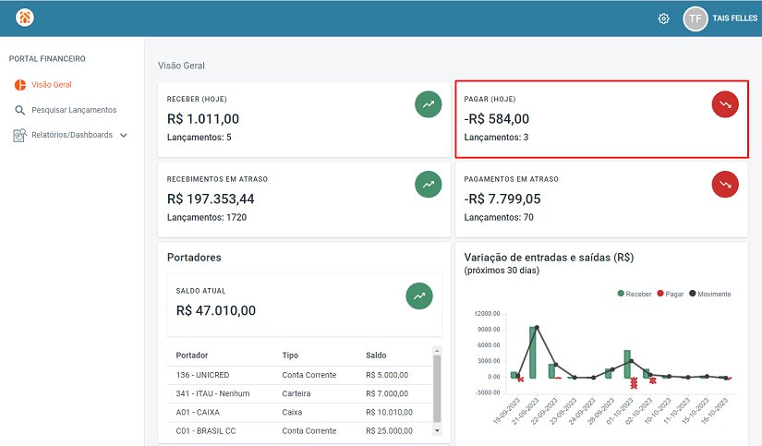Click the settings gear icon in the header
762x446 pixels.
(x=663, y=18)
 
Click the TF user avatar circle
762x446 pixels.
(x=695, y=18)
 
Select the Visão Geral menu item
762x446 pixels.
(x=51, y=85)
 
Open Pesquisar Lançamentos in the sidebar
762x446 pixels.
(x=74, y=110)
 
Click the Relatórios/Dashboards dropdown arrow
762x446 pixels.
(x=124, y=135)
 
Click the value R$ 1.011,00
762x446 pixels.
(x=203, y=118)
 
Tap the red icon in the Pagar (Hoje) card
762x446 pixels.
(x=725, y=104)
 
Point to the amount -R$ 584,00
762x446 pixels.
(x=497, y=118)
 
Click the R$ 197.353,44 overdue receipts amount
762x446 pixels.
(x=211, y=199)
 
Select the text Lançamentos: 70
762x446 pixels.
(x=499, y=218)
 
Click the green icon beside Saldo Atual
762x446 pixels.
(x=419, y=296)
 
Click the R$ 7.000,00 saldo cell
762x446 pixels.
(x=387, y=393)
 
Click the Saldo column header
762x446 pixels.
(x=376, y=355)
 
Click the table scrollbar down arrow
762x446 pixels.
(x=437, y=430)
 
